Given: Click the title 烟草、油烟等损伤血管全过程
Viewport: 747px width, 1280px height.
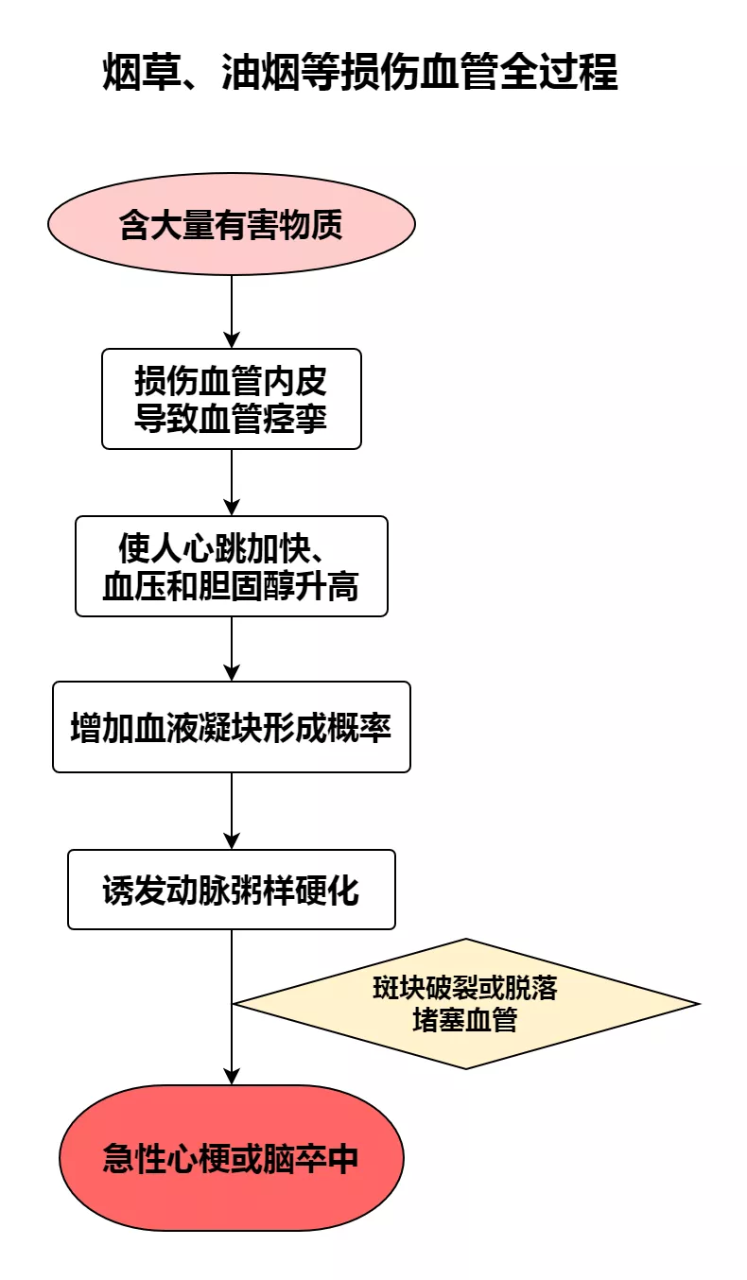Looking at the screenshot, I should click(360, 72).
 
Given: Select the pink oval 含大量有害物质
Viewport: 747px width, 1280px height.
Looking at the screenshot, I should click(232, 224).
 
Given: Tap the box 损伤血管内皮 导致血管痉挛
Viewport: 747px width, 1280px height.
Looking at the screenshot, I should click(232, 399).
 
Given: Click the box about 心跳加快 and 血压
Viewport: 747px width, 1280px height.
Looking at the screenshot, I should click(232, 566).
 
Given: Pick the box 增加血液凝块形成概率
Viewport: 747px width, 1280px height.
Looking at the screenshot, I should click(232, 727).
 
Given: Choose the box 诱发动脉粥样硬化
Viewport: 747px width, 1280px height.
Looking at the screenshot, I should click(232, 890).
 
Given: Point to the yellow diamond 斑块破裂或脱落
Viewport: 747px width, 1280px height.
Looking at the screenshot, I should click(466, 1004).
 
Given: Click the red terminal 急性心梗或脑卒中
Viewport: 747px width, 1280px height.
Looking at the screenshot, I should click(232, 1158).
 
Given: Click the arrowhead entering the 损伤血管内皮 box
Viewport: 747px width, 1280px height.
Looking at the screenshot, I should click(232, 341).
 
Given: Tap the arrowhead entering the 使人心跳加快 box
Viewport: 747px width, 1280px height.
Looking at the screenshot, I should click(232, 509).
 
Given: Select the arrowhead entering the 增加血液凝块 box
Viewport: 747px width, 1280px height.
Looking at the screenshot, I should click(232, 674).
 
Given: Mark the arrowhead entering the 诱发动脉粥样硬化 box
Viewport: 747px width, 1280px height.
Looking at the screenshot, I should click(232, 842).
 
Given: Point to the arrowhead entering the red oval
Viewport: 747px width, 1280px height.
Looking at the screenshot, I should click(232, 1077).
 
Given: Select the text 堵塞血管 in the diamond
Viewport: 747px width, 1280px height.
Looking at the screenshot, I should click(465, 1020).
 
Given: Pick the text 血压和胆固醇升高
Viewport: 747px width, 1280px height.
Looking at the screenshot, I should click(232, 586).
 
